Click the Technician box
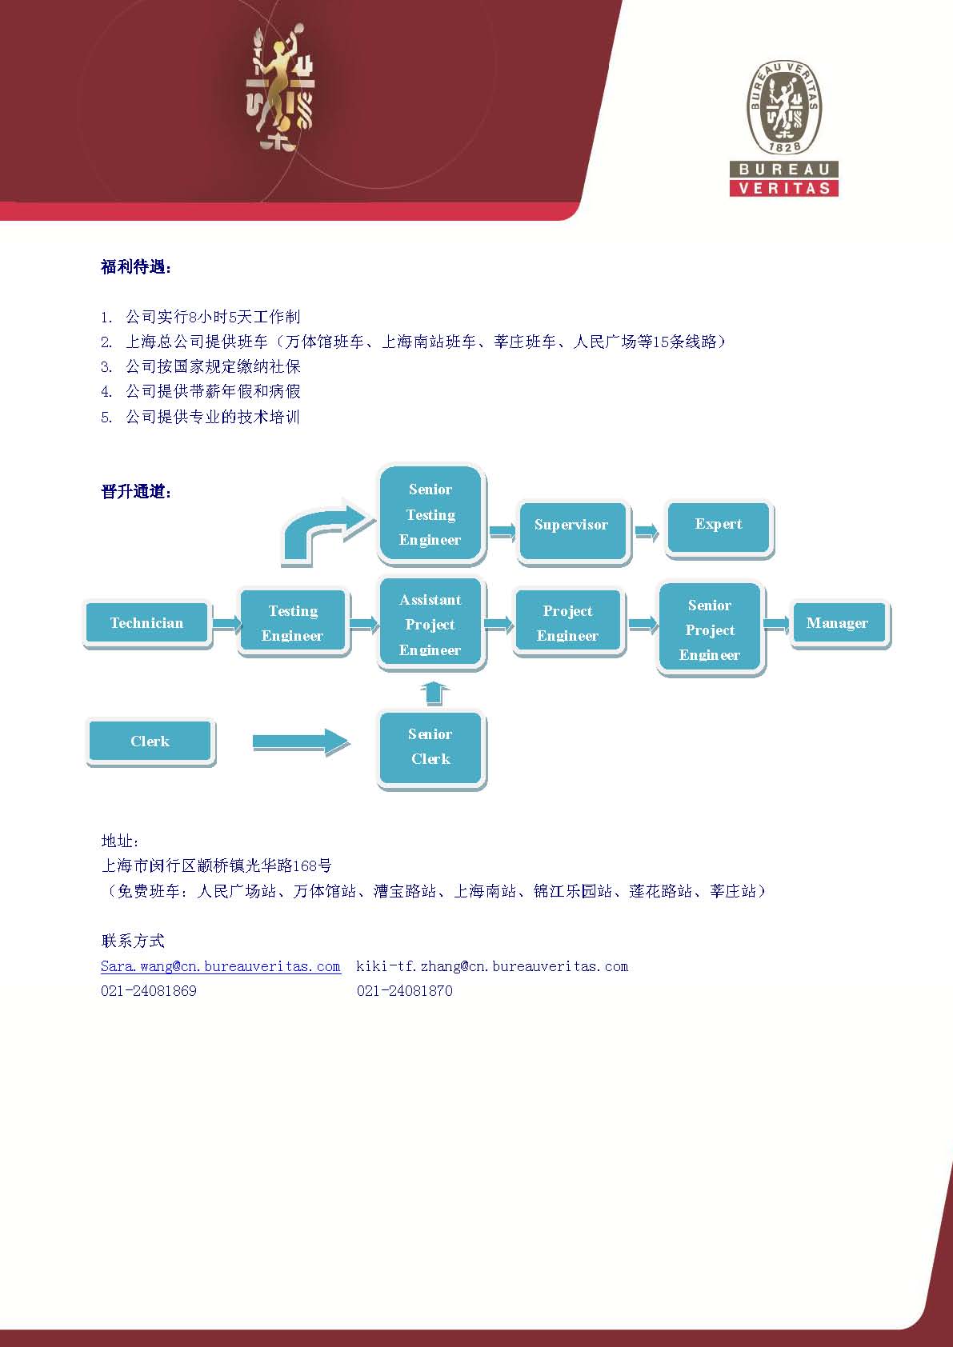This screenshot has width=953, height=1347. [146, 623]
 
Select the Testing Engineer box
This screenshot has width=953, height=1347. [293, 623]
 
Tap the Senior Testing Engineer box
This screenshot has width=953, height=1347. [430, 514]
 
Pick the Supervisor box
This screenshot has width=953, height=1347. [571, 526]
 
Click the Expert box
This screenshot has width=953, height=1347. [719, 525]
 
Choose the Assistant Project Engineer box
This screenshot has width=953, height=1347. [430, 625]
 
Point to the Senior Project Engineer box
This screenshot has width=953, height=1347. [710, 630]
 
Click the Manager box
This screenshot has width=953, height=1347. [838, 623]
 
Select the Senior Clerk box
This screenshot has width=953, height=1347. [430, 747]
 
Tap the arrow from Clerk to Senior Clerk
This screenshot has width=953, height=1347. [301, 742]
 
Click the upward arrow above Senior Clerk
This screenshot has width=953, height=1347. [434, 693]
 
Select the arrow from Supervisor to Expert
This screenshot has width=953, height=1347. [646, 531]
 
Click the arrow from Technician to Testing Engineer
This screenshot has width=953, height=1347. [226, 623]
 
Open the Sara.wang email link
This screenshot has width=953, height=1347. [220, 966]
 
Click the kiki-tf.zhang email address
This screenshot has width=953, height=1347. [492, 966]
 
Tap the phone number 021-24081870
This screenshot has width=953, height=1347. [405, 991]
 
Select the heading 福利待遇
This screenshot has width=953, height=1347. [136, 267]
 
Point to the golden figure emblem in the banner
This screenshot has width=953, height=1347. [278, 88]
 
